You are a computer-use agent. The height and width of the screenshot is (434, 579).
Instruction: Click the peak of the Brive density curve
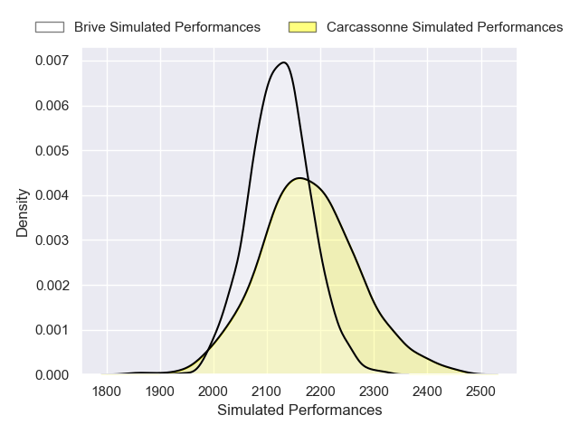[284, 62]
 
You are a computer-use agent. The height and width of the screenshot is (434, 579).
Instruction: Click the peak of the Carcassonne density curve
[299, 178]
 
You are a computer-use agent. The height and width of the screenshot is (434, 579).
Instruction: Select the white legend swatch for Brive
[50, 27]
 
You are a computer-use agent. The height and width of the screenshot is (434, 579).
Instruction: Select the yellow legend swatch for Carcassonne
[302, 27]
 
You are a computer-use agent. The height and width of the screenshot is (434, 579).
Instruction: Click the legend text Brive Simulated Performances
[167, 27]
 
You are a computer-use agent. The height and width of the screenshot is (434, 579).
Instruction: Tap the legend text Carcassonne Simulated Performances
[444, 27]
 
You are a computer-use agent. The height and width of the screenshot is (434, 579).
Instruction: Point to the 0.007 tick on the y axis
[52, 61]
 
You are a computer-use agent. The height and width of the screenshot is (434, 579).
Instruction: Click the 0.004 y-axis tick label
[52, 195]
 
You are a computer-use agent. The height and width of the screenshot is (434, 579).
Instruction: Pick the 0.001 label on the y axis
[52, 330]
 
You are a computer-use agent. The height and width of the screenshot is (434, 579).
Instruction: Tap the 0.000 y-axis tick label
[52, 374]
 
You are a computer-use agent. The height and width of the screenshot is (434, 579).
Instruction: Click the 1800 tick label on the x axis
[107, 392]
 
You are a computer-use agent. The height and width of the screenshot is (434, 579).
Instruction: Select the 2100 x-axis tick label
[267, 392]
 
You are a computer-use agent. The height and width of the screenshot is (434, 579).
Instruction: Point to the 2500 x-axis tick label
[480, 392]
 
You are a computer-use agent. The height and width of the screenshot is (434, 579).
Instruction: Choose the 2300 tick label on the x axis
[374, 392]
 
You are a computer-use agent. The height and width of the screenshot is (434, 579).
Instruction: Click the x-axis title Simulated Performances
[299, 410]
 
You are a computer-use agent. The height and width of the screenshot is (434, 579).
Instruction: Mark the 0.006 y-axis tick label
[52, 106]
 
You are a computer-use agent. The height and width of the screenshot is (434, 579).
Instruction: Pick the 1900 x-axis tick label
[160, 392]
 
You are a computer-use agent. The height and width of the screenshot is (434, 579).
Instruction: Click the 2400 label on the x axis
[427, 392]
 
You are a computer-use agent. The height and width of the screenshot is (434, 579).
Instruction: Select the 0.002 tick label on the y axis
[52, 285]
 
